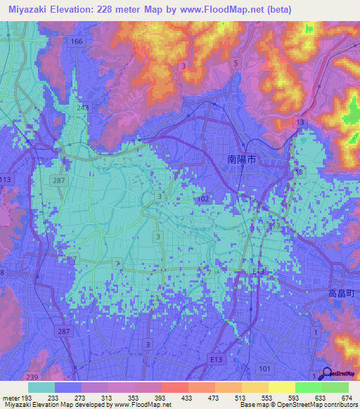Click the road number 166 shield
click(x=77, y=42)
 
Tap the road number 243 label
click(x=83, y=108)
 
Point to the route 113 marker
click(x=6, y=179)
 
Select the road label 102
click(x=205, y=200)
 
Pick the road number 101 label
click(x=264, y=368)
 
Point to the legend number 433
click(x=167, y=396)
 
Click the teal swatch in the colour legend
click(x=41, y=387)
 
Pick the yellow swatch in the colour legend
click(x=281, y=387)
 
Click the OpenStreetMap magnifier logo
click(x=326, y=373)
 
